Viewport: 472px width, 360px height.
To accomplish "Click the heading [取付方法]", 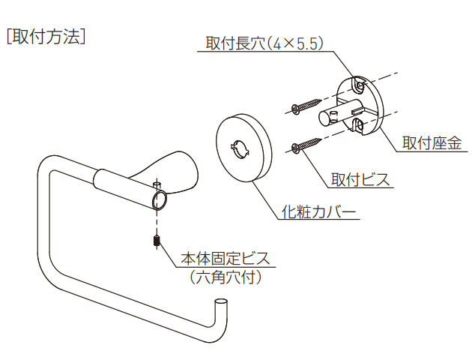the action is click(46, 37).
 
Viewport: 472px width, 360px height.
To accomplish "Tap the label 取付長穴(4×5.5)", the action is click(264, 43).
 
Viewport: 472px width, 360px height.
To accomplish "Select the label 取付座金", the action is click(432, 142).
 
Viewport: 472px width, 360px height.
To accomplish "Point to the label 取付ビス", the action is click(360, 179).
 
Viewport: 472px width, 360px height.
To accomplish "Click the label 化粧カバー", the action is click(318, 211).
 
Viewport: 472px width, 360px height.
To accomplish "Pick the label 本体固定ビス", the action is click(226, 259).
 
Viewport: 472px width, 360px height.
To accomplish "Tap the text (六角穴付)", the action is click(226, 277).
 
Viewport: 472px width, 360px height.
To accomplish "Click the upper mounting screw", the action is click(306, 106).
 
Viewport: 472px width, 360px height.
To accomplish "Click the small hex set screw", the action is click(157, 241).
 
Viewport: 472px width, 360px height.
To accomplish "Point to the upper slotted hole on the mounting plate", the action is click(359, 85).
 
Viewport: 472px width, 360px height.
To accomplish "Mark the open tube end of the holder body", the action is click(160, 200).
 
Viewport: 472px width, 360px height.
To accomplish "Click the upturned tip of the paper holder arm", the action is click(220, 301).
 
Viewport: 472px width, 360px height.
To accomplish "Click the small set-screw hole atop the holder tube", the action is click(157, 183).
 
